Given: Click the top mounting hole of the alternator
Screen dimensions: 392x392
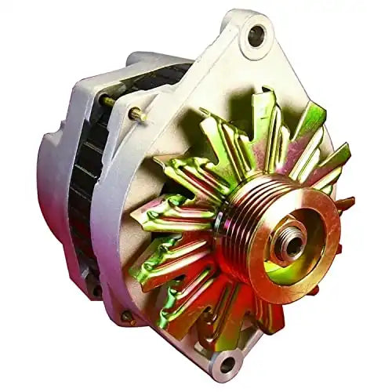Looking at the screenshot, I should point(256,34).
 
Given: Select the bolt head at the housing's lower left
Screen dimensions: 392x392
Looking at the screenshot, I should point(125,318).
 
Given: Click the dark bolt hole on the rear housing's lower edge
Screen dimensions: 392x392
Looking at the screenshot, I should point(94,289).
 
